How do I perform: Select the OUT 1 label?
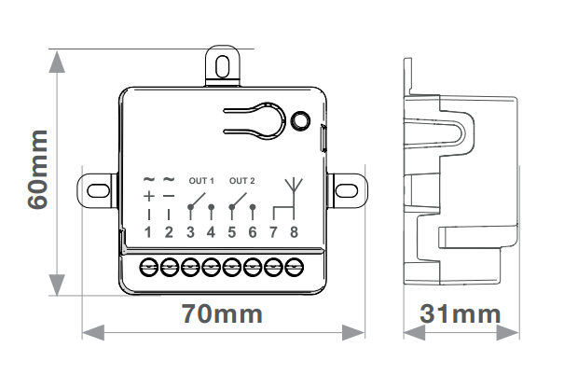click(x=200, y=180)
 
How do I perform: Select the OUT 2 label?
click(x=241, y=180)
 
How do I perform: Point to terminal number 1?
click(x=148, y=231)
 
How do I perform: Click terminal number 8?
click(x=295, y=231)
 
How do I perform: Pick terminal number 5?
click(x=232, y=231)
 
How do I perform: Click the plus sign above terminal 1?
click(x=148, y=196)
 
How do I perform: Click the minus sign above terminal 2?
click(x=169, y=196)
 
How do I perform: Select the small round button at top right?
click(x=300, y=120)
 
